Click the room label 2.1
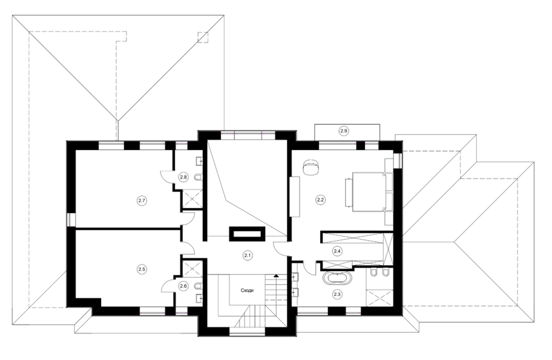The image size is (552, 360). coord(247,255)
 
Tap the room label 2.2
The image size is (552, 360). coord(320,200)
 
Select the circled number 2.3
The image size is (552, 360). coord(337,293)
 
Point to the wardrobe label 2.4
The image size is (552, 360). coord(337,251)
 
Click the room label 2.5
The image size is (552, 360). coord(142,269)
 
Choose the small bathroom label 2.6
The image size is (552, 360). coord(183,286)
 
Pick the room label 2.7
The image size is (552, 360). coord(142,201)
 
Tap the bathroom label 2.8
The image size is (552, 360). coord(183,177)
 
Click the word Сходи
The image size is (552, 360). coord(247,290)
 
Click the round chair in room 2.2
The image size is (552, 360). coord(311,166)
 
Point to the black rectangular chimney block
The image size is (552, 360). coord(247,234)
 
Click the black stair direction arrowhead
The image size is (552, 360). coord(275,276)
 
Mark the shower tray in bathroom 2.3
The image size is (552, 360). coord(379,298)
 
